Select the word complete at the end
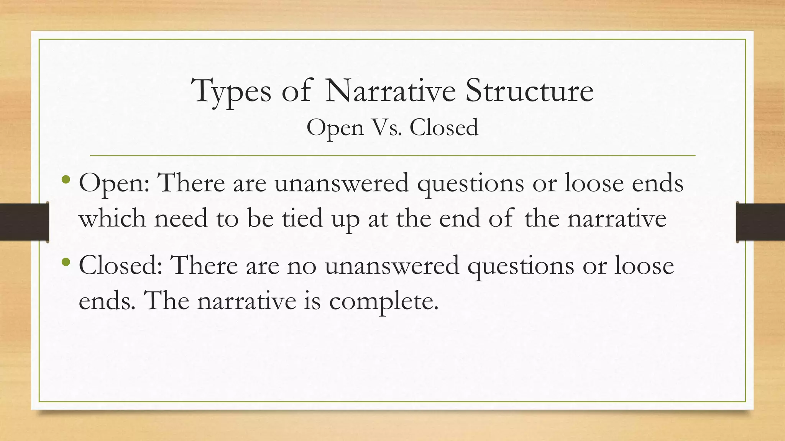[383, 302]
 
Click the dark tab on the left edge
[24, 222]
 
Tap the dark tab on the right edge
[760, 222]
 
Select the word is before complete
[312, 301]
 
